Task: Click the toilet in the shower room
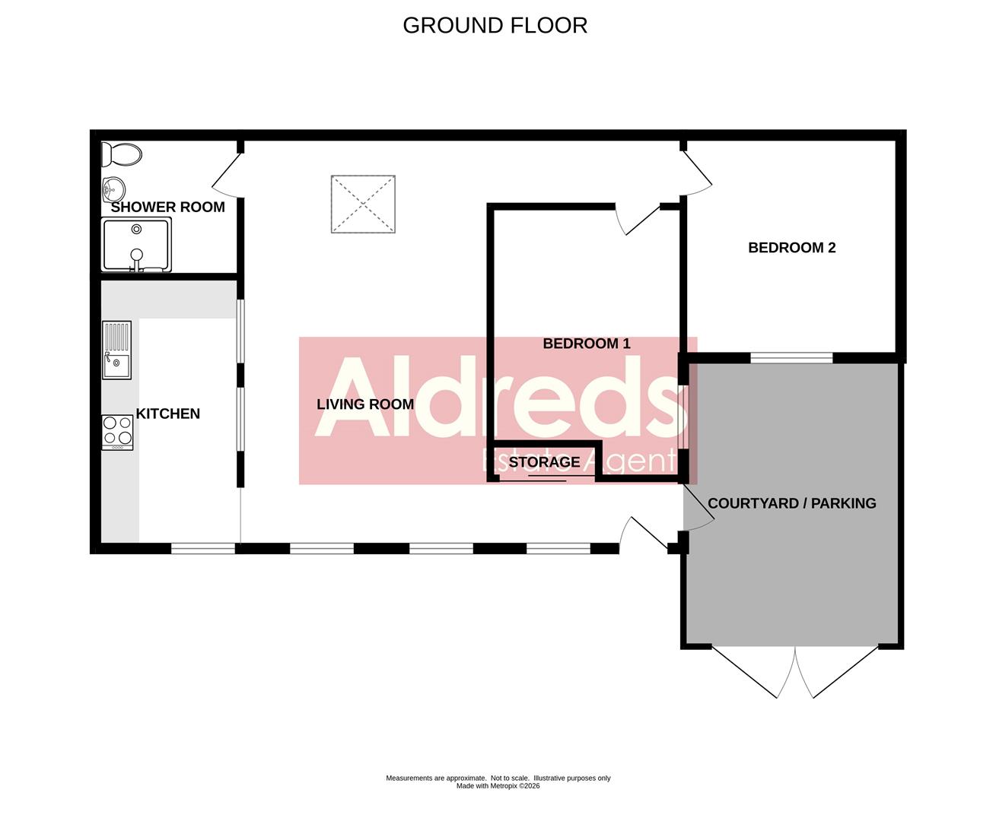[122, 155]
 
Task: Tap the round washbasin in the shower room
[113, 188]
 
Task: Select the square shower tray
[136, 245]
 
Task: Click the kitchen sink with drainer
[117, 350]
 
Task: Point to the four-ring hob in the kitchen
[117, 431]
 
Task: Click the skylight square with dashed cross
[363, 204]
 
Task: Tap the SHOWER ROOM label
[168, 207]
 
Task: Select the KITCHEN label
[167, 414]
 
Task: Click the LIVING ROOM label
[365, 404]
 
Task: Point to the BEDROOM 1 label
[587, 344]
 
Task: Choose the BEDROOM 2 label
[792, 248]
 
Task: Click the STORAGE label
[544, 462]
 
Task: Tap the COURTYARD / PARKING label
[792, 503]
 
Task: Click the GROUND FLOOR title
[495, 25]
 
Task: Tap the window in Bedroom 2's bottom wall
[791, 357]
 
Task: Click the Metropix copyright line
[498, 786]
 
